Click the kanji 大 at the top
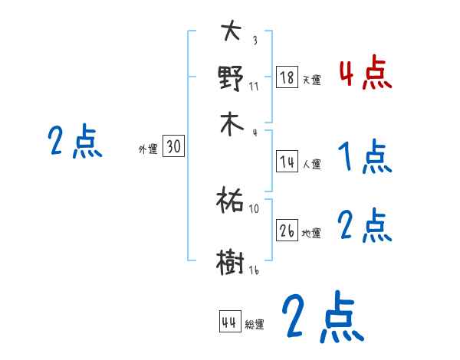click(x=231, y=32)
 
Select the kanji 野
click(x=231, y=77)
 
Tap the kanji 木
click(x=231, y=124)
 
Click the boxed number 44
click(x=229, y=322)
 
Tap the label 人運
click(x=312, y=164)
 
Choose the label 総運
click(x=255, y=325)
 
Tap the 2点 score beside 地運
click(x=365, y=226)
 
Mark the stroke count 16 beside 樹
click(x=254, y=270)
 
